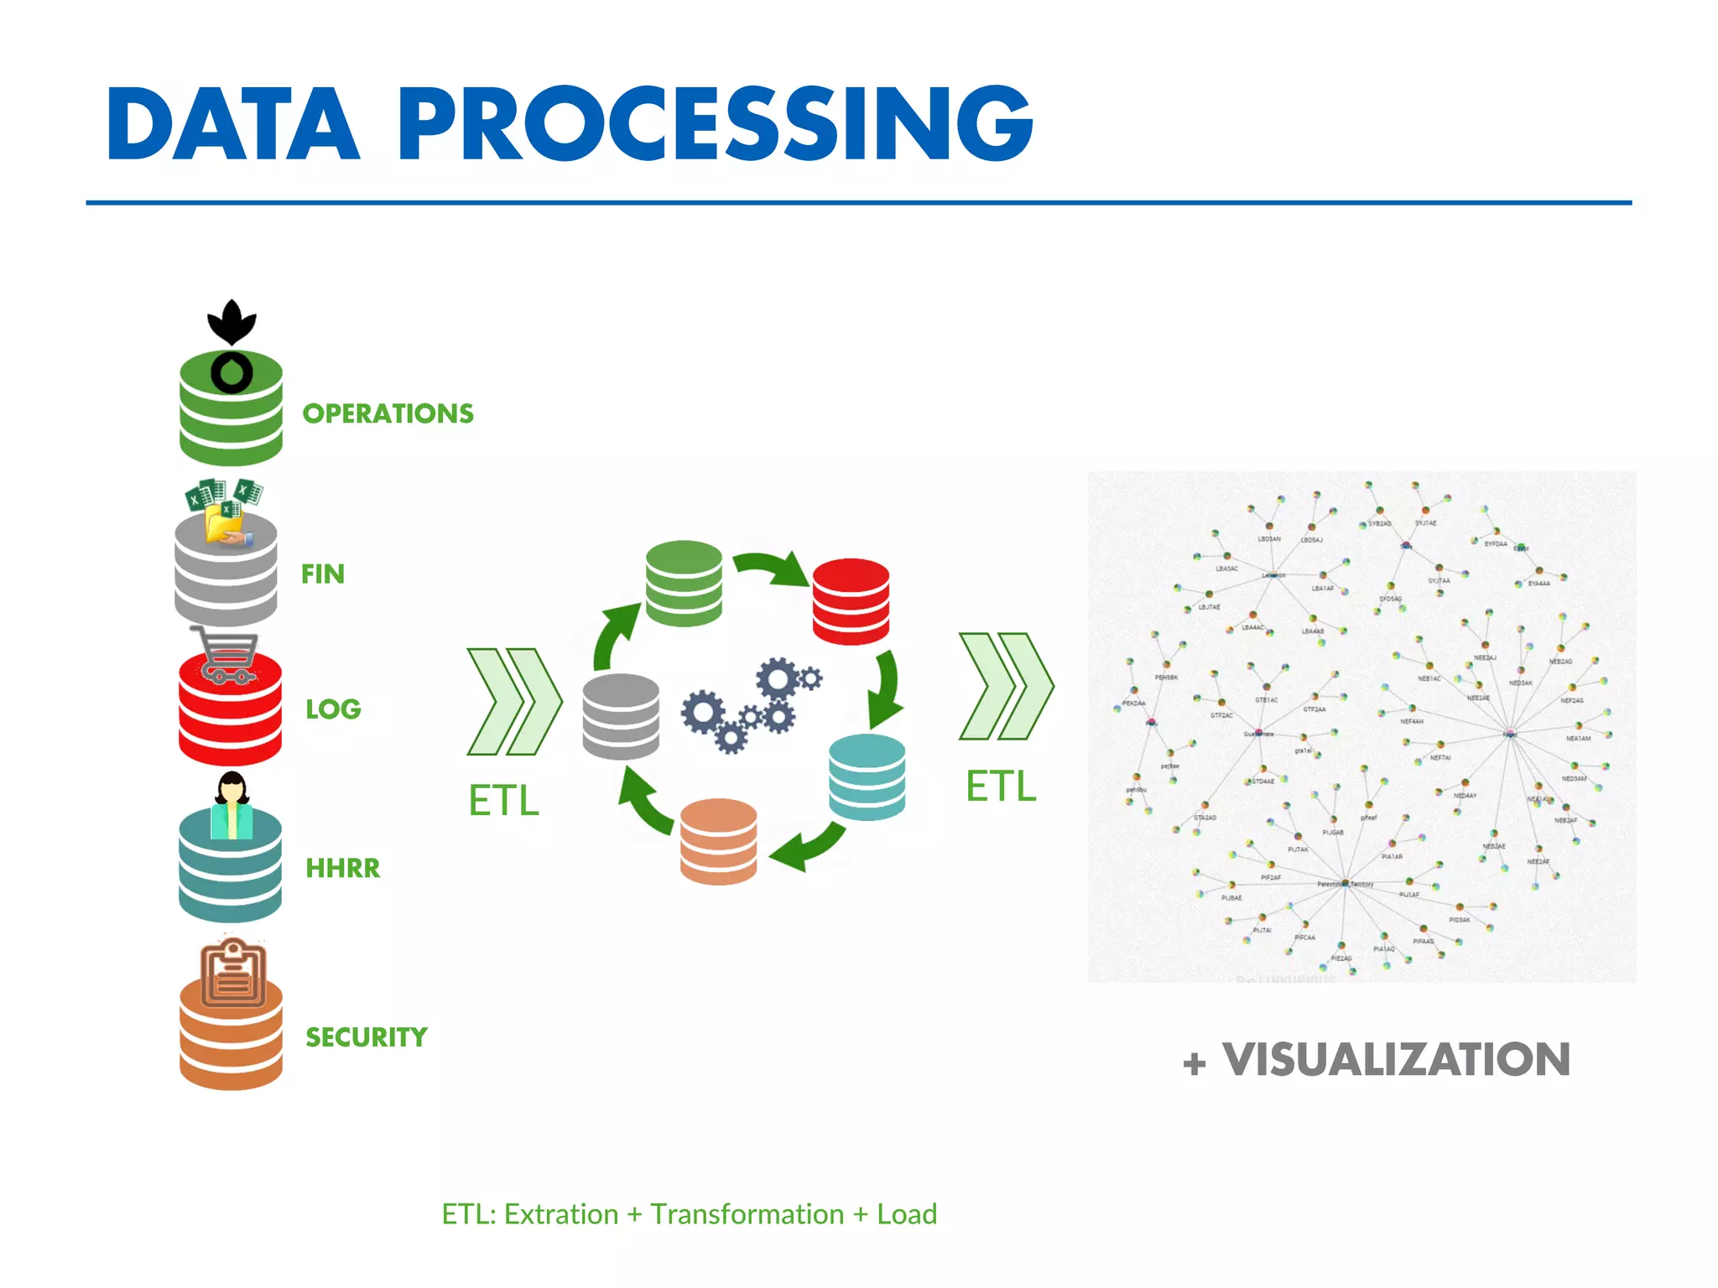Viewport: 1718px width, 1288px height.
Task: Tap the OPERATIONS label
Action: click(388, 413)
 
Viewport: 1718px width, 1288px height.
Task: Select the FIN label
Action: click(323, 574)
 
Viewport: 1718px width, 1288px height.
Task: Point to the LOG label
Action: click(333, 709)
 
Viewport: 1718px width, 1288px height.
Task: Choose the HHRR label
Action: click(342, 868)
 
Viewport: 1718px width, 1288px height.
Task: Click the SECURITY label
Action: click(367, 1037)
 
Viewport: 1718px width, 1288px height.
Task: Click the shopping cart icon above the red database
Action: click(225, 655)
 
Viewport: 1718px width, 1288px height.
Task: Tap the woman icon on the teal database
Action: click(232, 805)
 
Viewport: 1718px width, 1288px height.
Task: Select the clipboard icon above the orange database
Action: click(232, 974)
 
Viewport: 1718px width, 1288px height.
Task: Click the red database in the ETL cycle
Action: click(851, 601)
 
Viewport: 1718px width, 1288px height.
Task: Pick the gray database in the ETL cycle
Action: click(621, 716)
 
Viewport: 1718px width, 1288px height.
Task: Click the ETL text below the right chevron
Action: click(1001, 787)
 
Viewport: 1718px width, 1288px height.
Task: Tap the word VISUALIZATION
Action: click(1396, 1059)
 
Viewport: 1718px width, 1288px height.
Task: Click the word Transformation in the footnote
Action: click(747, 1214)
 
